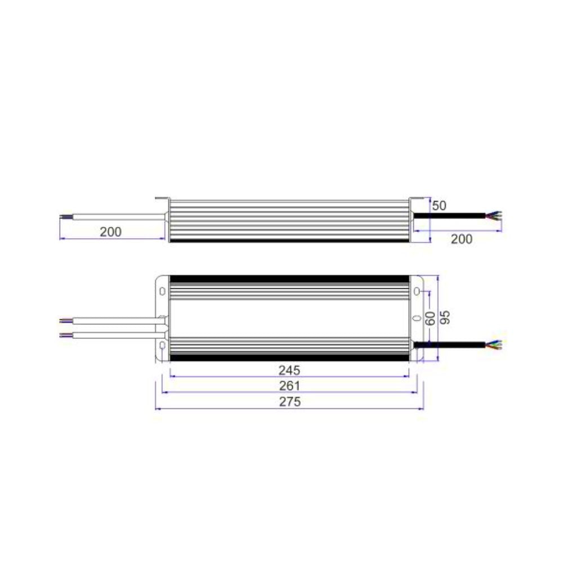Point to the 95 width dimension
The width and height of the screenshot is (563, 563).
click(445, 318)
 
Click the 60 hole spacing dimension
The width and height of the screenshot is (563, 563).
click(430, 319)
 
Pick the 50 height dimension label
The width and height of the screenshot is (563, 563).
click(439, 205)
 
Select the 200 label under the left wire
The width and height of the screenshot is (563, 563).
click(111, 231)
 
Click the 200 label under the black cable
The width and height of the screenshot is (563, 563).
click(462, 239)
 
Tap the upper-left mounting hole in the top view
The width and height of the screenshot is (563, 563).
click(162, 292)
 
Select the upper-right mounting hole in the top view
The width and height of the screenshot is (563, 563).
click(417, 292)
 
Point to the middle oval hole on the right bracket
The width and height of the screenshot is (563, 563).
click(417, 318)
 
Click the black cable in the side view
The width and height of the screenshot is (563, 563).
click(450, 215)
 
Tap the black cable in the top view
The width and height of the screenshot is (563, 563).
click(450, 344)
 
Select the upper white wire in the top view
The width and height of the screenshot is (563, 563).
click(113, 321)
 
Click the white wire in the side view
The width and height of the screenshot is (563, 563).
click(113, 215)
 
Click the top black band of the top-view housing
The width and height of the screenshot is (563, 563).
click(289, 279)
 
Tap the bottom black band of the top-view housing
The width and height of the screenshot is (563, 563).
click(289, 358)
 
